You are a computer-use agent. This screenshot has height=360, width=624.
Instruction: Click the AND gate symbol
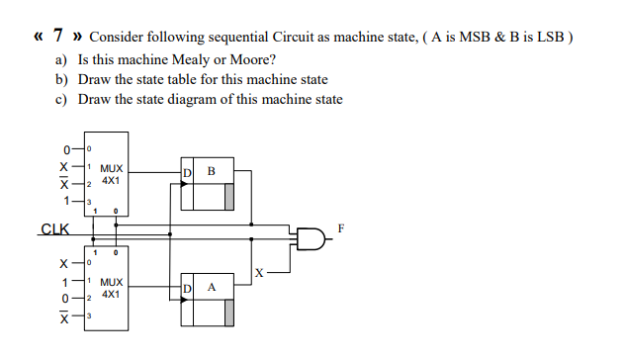(310, 237)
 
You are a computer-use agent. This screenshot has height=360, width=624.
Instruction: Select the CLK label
(54, 231)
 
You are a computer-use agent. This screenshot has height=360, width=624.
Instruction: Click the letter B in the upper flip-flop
(210, 172)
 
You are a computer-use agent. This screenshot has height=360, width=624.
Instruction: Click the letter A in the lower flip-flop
(210, 288)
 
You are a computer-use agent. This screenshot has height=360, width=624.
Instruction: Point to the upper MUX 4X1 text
(111, 175)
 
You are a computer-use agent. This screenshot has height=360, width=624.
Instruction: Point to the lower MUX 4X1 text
(111, 288)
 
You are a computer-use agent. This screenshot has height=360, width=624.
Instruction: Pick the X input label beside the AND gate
(258, 272)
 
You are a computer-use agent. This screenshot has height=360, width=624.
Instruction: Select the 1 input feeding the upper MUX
(66, 201)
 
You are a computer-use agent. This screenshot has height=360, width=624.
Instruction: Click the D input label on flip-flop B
(188, 174)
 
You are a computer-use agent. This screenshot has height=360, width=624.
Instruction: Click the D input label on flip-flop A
(188, 289)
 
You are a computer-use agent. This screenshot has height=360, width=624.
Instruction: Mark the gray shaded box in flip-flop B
(229, 197)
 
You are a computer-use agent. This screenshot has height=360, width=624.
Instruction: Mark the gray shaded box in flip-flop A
(229, 313)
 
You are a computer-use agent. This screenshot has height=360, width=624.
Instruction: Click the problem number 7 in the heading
(58, 37)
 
